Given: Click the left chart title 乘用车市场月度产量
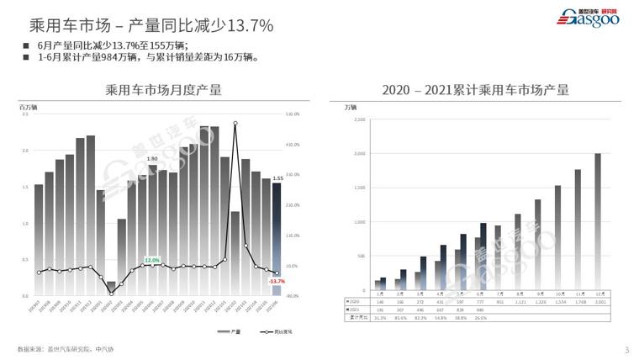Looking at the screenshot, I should (x=164, y=90).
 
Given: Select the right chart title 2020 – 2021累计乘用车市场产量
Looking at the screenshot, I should (x=475, y=90).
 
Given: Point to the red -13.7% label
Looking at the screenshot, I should (x=277, y=281).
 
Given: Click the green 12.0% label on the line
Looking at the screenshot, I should (x=152, y=260).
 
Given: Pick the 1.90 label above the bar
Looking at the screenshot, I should (x=152, y=158).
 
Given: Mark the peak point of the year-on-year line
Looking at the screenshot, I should (x=235, y=123).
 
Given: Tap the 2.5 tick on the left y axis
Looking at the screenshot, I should (x=24, y=114).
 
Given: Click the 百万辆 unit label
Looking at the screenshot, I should (x=29, y=107).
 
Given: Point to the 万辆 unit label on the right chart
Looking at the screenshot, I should (x=351, y=107).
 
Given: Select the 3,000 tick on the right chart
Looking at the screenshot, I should (x=359, y=154).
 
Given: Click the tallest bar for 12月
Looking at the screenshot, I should (x=598, y=223).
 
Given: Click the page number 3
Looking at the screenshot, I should (x=626, y=350).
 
